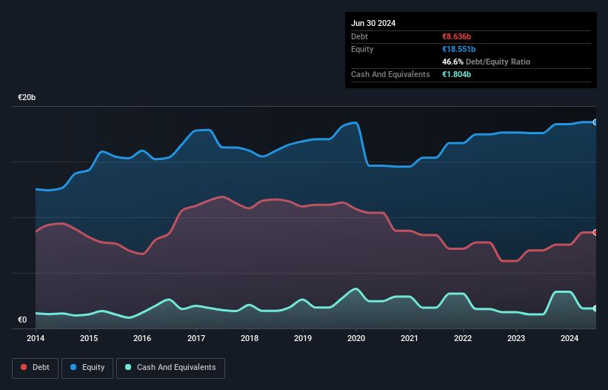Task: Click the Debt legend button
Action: (x=35, y=367)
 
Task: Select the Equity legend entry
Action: (x=87, y=367)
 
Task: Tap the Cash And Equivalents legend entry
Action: (x=170, y=367)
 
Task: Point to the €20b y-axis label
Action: (x=27, y=98)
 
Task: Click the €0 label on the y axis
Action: (x=22, y=320)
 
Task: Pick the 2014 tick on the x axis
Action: (x=36, y=339)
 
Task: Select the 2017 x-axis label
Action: (x=196, y=339)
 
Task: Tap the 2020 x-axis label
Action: (x=356, y=339)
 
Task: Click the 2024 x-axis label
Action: (x=569, y=339)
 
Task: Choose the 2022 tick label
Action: (x=463, y=339)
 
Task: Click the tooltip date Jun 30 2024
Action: (x=373, y=23)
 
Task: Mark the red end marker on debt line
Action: (x=595, y=232)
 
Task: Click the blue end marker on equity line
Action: (x=595, y=122)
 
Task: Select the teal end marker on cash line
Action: (x=595, y=308)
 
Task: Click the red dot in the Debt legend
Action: (x=24, y=367)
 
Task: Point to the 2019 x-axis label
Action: (x=303, y=339)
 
